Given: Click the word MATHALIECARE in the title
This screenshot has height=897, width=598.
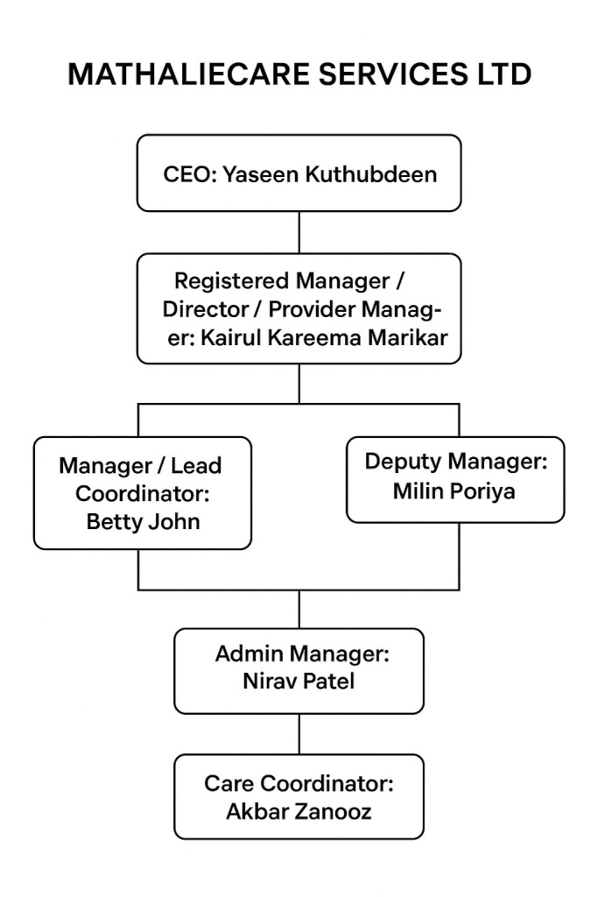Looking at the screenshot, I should (x=188, y=75).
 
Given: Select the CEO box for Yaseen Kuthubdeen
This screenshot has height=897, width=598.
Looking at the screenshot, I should (x=299, y=173).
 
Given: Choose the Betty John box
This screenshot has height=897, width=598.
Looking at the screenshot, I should (x=143, y=492).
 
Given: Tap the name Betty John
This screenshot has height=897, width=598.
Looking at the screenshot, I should (x=143, y=522).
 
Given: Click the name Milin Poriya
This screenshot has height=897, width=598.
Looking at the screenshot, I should (x=454, y=491).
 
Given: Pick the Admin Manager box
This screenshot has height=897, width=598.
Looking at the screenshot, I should (x=299, y=670).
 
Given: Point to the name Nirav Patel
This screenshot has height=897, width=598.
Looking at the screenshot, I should (x=299, y=682).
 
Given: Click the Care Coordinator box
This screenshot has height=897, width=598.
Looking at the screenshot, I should (x=299, y=796).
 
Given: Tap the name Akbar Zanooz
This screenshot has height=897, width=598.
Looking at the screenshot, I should (x=299, y=811).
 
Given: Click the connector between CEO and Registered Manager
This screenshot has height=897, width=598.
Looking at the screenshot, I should (x=299, y=232).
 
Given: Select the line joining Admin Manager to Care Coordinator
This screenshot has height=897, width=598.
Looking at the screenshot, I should (x=299, y=734).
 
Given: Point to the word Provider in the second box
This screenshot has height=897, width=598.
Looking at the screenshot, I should (x=309, y=310).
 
